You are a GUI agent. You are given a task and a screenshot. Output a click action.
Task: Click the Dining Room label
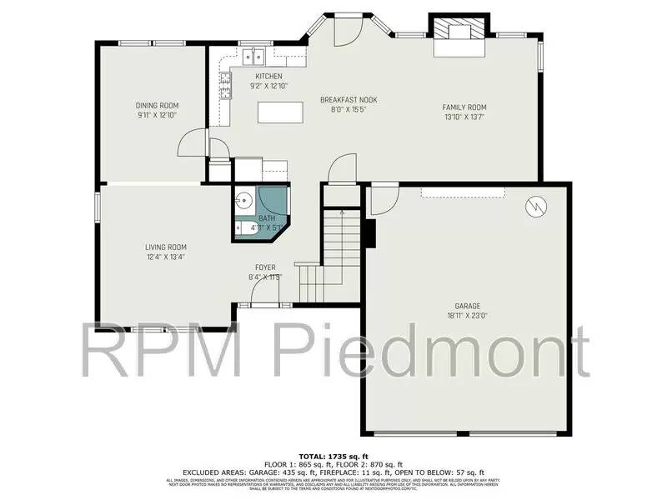tap(158, 106)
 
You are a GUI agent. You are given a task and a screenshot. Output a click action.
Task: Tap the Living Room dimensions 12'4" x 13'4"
tap(165, 257)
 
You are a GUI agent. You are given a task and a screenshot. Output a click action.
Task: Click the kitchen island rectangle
tap(280, 111)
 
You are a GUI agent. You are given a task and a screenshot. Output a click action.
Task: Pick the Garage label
tap(468, 306)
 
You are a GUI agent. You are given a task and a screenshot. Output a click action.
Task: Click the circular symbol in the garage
tap(535, 205)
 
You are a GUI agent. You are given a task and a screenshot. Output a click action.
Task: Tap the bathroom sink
tap(243, 201)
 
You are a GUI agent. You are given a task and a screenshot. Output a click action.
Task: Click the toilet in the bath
tap(243, 226)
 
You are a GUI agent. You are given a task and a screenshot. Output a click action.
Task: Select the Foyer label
tap(266, 267)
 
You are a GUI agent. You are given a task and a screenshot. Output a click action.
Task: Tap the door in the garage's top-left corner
tap(381, 199)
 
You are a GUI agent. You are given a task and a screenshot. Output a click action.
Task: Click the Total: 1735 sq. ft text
tap(333, 457)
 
